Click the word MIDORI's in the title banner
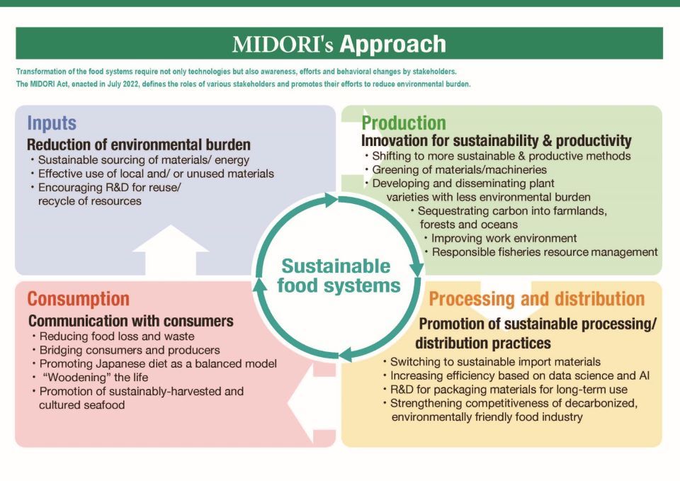(x=283, y=44)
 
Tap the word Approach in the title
(x=393, y=44)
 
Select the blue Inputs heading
(x=52, y=123)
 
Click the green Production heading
(x=404, y=123)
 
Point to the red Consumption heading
(x=79, y=299)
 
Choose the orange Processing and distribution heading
(x=536, y=299)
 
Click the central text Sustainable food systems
(x=339, y=276)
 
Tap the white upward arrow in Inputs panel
(x=171, y=250)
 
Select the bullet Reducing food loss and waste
(x=113, y=336)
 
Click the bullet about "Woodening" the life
(x=91, y=378)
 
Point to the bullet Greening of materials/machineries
(x=455, y=169)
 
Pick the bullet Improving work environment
(x=501, y=238)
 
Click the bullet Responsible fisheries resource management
(x=540, y=252)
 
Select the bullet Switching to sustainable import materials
(x=492, y=362)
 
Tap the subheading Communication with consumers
(x=131, y=321)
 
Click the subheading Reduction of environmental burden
(x=139, y=145)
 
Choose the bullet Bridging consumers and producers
(x=126, y=350)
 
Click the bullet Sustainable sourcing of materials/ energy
(x=140, y=160)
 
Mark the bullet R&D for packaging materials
(x=506, y=390)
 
